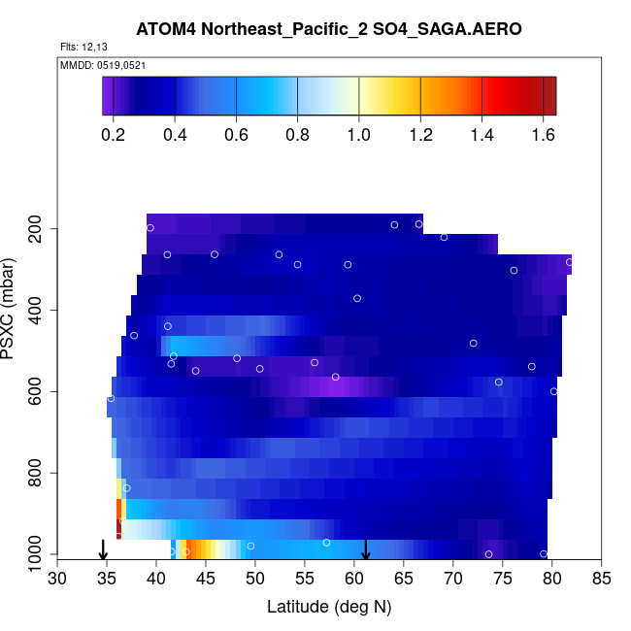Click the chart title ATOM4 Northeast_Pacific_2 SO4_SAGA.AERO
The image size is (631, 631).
tap(329, 29)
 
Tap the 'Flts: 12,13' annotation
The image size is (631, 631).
tap(83, 48)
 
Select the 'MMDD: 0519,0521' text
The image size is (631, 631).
tap(103, 65)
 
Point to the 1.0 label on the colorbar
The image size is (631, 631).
tap(358, 135)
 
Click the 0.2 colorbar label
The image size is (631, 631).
tap(113, 135)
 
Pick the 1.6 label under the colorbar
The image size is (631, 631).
tap(544, 135)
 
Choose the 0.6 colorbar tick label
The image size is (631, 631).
tap(236, 135)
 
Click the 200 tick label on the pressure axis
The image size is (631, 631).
tap(35, 228)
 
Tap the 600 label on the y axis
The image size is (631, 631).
tap(35, 391)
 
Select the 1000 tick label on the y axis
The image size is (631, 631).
tap(35, 553)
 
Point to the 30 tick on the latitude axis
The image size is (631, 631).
tap(57, 579)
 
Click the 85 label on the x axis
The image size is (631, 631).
tap(602, 579)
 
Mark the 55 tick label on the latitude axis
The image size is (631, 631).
tap(305, 579)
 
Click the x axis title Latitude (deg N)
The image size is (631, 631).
tap(329, 607)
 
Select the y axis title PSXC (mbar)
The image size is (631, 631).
tap(7, 309)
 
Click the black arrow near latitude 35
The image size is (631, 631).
tap(103, 549)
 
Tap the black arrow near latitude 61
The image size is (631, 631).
tap(365, 549)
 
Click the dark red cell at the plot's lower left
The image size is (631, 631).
tap(118, 529)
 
